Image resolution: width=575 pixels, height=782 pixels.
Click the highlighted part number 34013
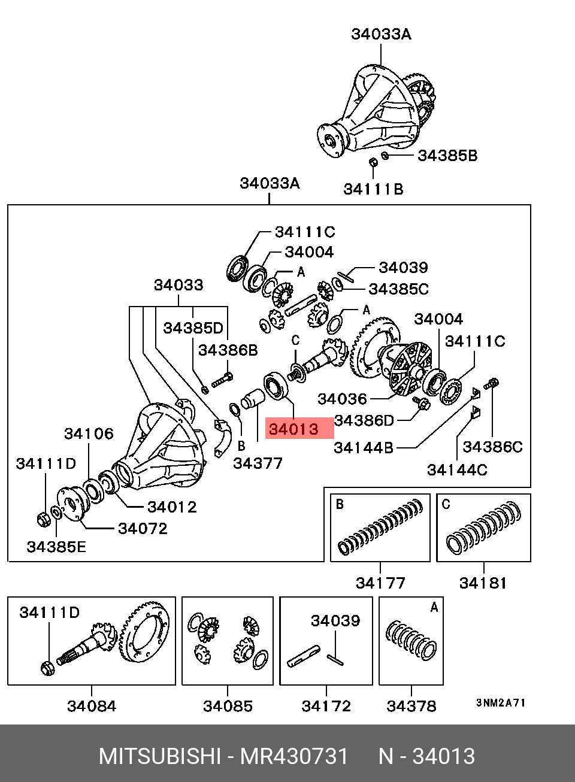pyautogui.click(x=293, y=429)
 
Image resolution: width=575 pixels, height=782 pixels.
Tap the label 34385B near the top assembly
pyautogui.click(x=447, y=156)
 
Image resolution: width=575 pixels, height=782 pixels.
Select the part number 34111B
pyautogui.click(x=373, y=189)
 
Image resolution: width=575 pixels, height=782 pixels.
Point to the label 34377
pyautogui.click(x=258, y=463)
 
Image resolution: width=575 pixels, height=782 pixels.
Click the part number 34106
pyautogui.click(x=89, y=434)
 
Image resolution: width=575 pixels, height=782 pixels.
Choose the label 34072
pyautogui.click(x=143, y=528)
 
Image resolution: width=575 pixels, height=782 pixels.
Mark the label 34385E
pyautogui.click(x=56, y=546)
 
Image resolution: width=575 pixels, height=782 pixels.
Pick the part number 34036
pyautogui.click(x=342, y=399)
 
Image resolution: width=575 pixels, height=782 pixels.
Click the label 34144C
pyautogui.click(x=457, y=470)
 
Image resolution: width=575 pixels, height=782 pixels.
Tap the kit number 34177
pyautogui.click(x=380, y=583)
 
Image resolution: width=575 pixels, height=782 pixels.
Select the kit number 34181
pyautogui.click(x=483, y=583)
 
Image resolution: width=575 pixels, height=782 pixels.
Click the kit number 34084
pyautogui.click(x=92, y=706)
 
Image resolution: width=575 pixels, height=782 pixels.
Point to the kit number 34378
pyautogui.click(x=411, y=706)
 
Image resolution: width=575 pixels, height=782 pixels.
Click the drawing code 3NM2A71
pyautogui.click(x=501, y=702)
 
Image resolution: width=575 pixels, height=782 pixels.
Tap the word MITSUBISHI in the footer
pyautogui.click(x=160, y=756)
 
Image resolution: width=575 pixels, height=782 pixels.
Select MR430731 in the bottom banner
pyautogui.click(x=293, y=756)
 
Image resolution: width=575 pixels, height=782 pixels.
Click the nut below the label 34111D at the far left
pyautogui.click(x=44, y=519)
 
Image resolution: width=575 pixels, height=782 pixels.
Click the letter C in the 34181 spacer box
pyautogui.click(x=446, y=504)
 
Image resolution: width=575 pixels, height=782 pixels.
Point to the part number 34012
pyautogui.click(x=172, y=507)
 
